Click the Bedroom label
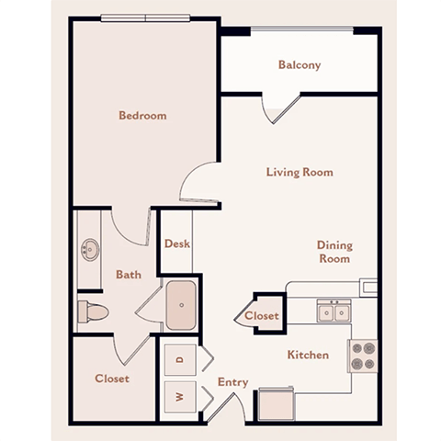(142, 116)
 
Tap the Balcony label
(300, 65)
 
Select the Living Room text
(300, 172)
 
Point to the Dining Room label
(334, 252)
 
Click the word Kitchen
(308, 355)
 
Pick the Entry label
(232, 381)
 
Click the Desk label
(176, 244)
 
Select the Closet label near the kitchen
(262, 316)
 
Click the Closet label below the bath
(111, 379)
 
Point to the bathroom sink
(90, 248)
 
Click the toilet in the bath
(94, 312)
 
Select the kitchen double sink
(332, 312)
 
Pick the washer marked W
(180, 398)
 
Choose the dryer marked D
(180, 359)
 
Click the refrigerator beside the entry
(275, 402)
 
